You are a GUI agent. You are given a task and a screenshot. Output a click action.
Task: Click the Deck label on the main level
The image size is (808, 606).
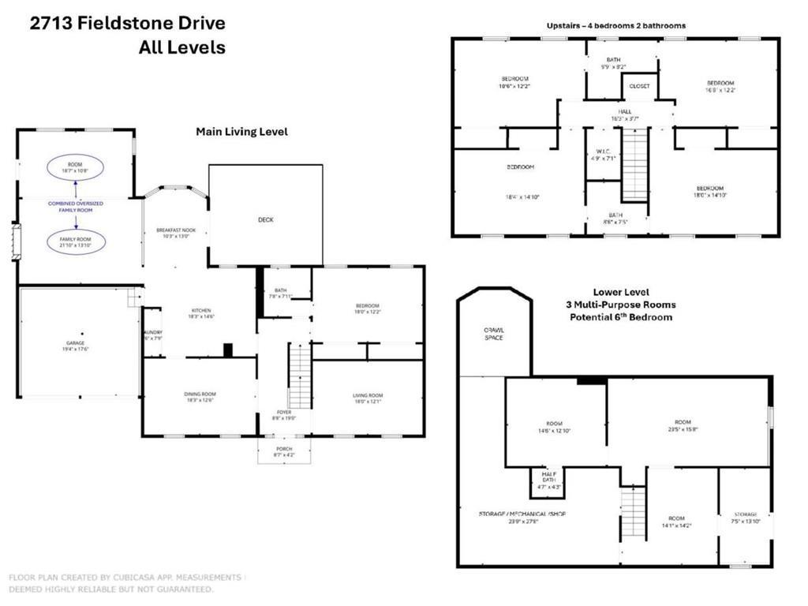(x=266, y=220)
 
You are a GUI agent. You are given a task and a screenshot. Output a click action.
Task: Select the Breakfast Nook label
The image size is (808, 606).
(x=175, y=230)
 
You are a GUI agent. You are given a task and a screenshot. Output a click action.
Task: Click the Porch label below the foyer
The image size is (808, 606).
(x=283, y=449)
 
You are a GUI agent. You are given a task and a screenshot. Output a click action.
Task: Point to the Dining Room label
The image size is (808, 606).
(x=200, y=395)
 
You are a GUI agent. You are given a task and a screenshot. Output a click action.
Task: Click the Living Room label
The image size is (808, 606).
(x=368, y=395)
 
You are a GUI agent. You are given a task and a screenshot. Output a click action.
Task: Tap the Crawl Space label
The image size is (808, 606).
(x=494, y=333)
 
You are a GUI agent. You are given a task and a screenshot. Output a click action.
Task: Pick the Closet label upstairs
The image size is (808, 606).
(x=639, y=86)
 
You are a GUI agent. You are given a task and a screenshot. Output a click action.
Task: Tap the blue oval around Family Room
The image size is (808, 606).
(x=76, y=241)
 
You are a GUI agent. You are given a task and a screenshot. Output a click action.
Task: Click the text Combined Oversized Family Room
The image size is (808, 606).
(x=76, y=206)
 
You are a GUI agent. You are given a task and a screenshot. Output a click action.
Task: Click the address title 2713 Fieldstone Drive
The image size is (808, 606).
(x=127, y=23)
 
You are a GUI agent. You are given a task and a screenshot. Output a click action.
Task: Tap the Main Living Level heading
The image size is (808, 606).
(x=241, y=132)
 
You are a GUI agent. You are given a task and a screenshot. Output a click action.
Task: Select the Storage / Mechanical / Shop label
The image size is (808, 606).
(x=522, y=514)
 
